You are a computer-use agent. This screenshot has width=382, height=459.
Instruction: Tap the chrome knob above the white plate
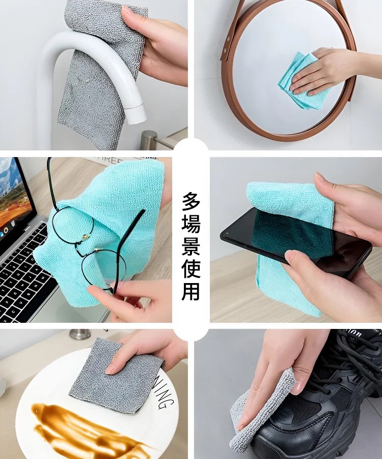click(80, 335)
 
